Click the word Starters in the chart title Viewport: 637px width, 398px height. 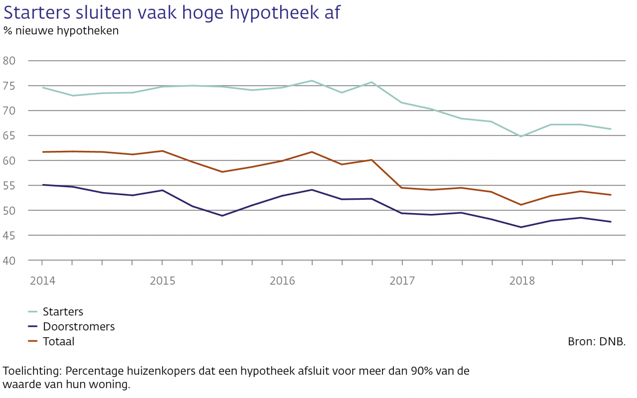point(37,12)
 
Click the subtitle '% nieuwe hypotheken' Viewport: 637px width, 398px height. point(61,31)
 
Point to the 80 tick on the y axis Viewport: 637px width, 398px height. point(9,61)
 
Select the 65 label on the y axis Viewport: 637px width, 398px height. point(9,136)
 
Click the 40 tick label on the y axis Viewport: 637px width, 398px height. point(9,260)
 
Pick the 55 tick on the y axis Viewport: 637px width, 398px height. point(9,185)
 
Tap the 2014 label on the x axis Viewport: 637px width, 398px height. point(43,281)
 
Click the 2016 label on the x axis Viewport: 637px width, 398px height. point(282,281)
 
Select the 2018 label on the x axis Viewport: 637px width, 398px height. point(522,281)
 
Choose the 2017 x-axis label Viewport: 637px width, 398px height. point(402,281)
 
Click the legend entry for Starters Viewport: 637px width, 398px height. point(63,312)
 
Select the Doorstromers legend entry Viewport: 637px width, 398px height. point(79,327)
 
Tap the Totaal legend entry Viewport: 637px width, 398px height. point(58,342)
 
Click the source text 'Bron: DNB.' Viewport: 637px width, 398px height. point(597,342)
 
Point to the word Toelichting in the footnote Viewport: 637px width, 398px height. point(32,371)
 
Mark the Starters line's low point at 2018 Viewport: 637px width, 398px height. point(521,136)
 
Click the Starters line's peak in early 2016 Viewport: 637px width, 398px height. point(312,81)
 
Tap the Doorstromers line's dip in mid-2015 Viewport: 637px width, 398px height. point(222,216)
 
